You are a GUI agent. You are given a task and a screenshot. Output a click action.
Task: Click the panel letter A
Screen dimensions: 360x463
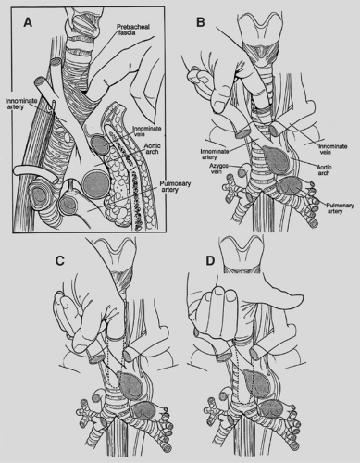(x=28, y=22)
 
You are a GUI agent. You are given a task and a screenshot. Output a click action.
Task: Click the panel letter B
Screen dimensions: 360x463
(x=201, y=22)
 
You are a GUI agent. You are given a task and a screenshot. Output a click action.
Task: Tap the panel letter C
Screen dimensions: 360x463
(x=59, y=261)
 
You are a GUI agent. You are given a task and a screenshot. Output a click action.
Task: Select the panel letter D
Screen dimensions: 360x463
(x=210, y=261)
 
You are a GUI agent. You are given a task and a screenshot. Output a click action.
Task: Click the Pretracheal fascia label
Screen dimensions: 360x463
(x=133, y=30)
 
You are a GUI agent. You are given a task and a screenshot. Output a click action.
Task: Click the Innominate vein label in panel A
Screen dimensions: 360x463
(x=146, y=131)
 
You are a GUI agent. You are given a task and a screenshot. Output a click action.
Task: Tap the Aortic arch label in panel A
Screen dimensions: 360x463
(x=150, y=149)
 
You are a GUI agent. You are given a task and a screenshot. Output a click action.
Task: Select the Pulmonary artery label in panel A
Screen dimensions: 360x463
(x=175, y=186)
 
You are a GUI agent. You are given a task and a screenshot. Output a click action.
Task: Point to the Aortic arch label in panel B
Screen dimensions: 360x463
(x=324, y=170)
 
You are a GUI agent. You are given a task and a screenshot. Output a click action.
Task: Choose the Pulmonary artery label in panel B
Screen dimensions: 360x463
(x=339, y=208)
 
